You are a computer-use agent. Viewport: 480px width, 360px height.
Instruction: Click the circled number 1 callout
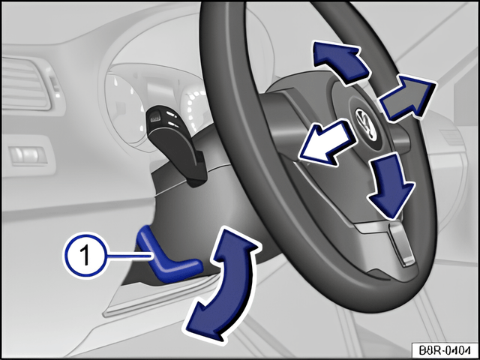[86, 255]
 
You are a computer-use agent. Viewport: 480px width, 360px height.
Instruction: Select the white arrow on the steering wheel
[328, 142]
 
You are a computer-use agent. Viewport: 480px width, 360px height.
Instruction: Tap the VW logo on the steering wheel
[367, 124]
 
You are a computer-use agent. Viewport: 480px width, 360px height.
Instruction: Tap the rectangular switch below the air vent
[28, 155]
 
